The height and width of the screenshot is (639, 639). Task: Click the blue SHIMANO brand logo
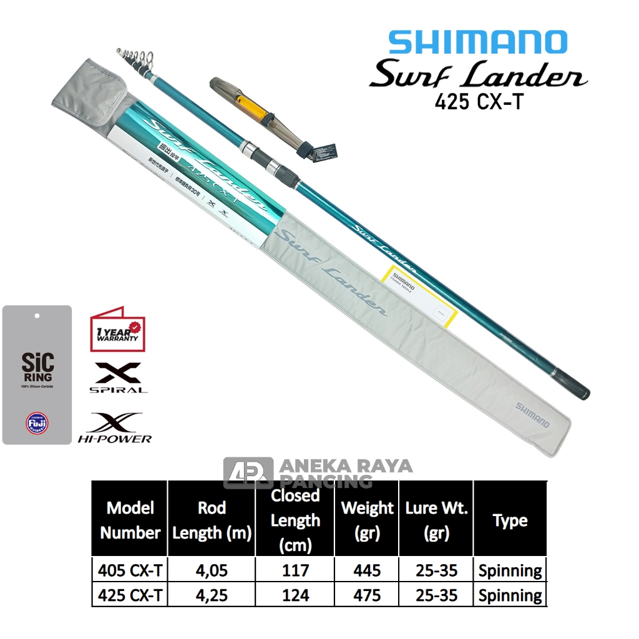tap(477, 42)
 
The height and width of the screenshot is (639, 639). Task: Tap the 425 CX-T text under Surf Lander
tap(479, 102)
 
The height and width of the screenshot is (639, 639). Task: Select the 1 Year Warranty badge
tap(118, 328)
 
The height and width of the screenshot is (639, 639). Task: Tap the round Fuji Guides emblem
tap(37, 422)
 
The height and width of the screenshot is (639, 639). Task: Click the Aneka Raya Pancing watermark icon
tap(248, 473)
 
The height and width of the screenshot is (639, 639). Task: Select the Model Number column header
tap(130, 520)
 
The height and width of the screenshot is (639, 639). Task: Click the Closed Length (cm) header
tap(295, 520)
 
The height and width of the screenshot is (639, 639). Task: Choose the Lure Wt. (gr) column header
tap(436, 520)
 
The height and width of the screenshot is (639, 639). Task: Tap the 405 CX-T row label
tap(130, 570)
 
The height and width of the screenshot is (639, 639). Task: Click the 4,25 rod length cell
tap(212, 595)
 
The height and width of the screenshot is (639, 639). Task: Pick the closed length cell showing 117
tap(295, 570)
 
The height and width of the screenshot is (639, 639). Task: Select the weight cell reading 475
tap(367, 595)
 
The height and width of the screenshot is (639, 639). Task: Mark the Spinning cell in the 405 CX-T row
tap(510, 570)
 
